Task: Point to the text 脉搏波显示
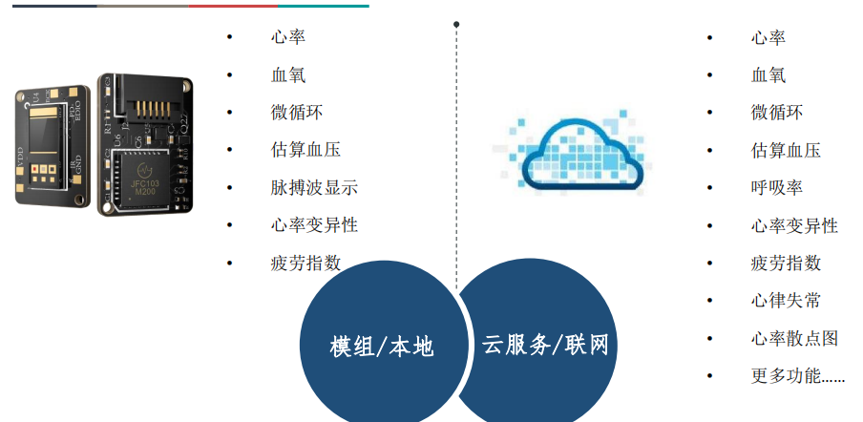pyautogui.click(x=314, y=188)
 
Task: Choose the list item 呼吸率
pyautogui.click(x=776, y=188)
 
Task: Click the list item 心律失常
pyautogui.click(x=786, y=301)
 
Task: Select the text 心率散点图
pyautogui.click(x=794, y=338)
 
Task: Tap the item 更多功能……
pyautogui.click(x=797, y=376)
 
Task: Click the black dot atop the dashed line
pyautogui.click(x=456, y=24)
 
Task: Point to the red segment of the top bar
pyautogui.click(x=233, y=6)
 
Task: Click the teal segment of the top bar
pyautogui.click(x=324, y=6)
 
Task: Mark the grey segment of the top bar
pyautogui.click(x=142, y=6)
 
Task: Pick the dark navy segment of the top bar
pyautogui.click(x=54, y=6)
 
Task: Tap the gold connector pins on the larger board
pyautogui.click(x=148, y=110)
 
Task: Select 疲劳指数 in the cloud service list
pyautogui.click(x=786, y=263)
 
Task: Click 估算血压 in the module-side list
pyautogui.click(x=305, y=150)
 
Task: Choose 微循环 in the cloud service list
pyautogui.click(x=776, y=113)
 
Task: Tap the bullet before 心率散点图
pyautogui.click(x=709, y=339)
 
